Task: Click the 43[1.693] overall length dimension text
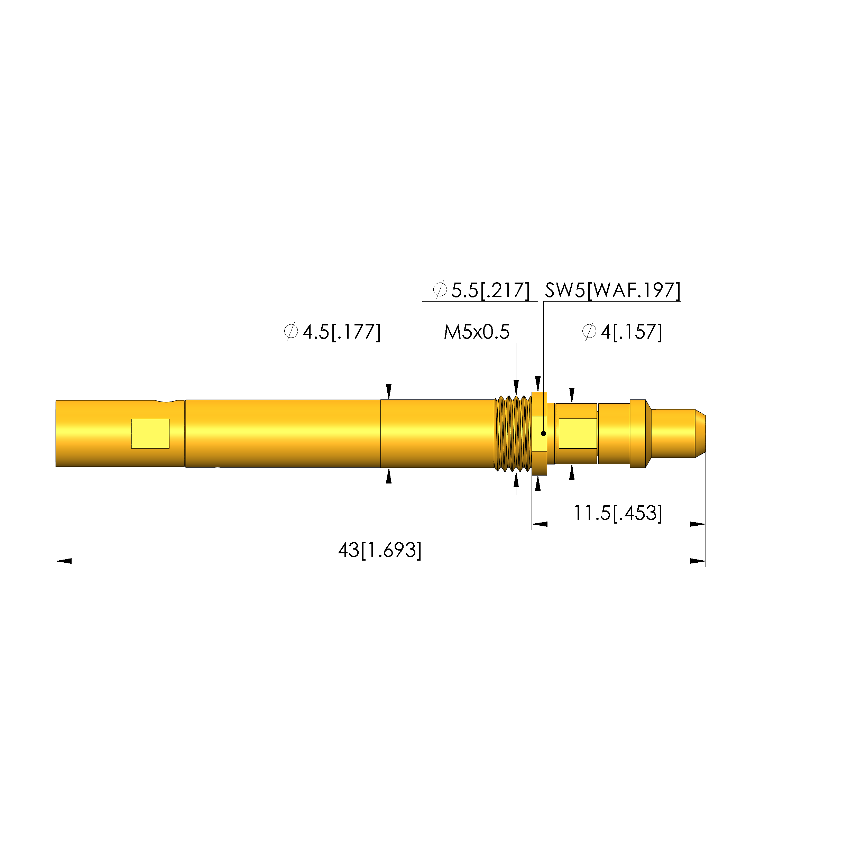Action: pyautogui.click(x=380, y=550)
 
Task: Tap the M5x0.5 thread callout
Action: pyautogui.click(x=477, y=332)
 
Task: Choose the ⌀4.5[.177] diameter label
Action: pyautogui.click(x=332, y=332)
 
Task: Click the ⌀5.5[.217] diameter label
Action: pyautogui.click(x=481, y=291)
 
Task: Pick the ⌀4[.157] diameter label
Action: pyautogui.click(x=622, y=332)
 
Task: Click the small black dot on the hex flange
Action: pyautogui.click(x=544, y=433)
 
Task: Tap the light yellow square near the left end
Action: pyautogui.click(x=150, y=433)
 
